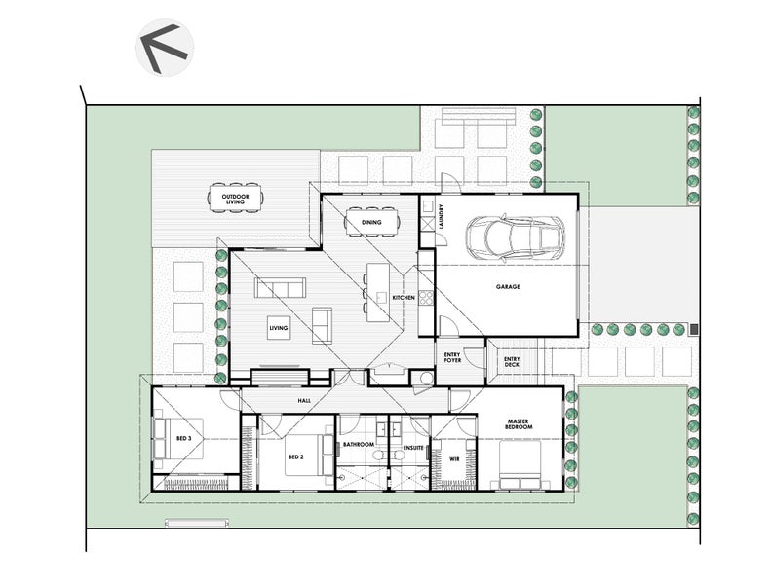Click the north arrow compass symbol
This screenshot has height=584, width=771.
point(165,48)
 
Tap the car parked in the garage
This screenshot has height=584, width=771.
point(516,237)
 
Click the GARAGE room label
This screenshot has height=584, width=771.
point(508,286)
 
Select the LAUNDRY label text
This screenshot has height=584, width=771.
point(442,217)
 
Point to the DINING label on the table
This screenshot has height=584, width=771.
point(371,222)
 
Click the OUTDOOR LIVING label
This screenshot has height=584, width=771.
point(235,199)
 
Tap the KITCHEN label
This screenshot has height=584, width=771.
point(404,298)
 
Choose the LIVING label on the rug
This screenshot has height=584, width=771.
point(279,328)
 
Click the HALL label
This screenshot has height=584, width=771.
point(304,401)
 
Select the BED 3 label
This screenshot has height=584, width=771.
point(183,438)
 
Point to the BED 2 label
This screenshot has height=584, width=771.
point(296,456)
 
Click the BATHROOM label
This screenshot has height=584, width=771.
point(359,444)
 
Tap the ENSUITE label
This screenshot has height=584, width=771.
point(413,448)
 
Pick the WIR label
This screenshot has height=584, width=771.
point(454,459)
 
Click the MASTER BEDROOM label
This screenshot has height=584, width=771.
point(519,423)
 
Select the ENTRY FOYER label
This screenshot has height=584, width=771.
point(452,357)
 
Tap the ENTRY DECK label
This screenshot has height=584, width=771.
point(512,361)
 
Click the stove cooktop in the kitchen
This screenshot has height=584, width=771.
point(426,298)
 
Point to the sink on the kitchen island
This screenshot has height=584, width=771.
point(381,297)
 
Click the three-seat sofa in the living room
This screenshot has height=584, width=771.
point(280,288)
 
